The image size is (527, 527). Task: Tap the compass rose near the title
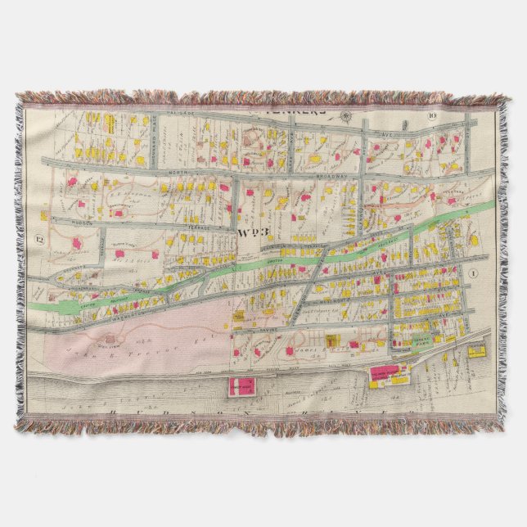(348, 115)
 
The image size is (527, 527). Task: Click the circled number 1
(473, 273)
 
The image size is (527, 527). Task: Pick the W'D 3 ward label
(249, 232)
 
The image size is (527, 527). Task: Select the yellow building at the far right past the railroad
(476, 351)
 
